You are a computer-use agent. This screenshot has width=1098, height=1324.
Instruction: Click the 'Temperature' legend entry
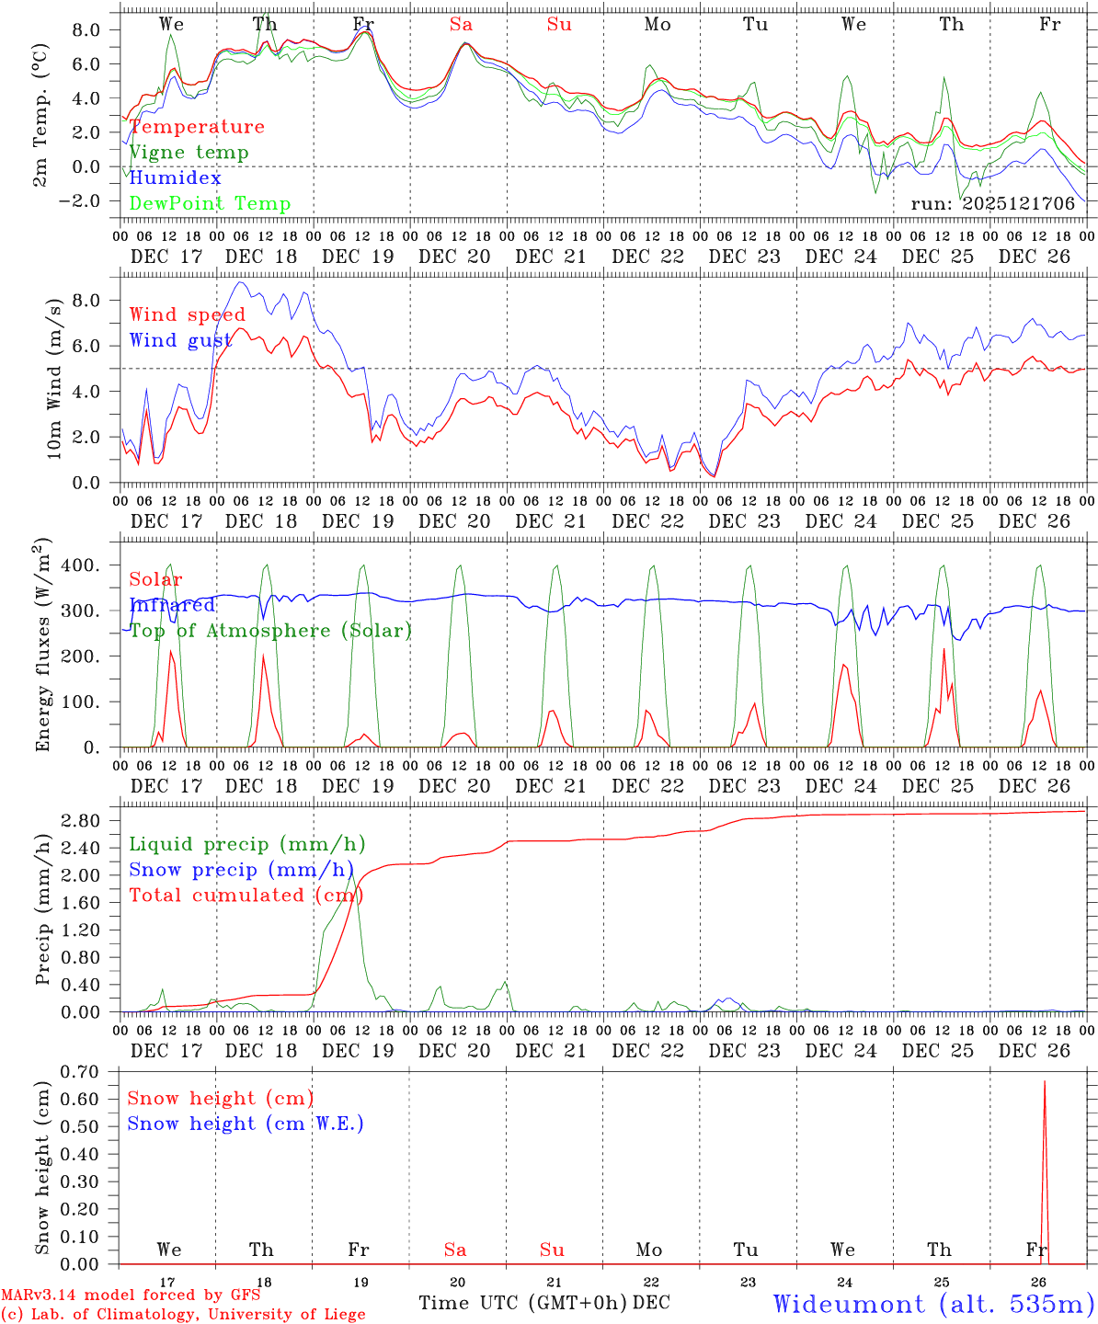tap(197, 127)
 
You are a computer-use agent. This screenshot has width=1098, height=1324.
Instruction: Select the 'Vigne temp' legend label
tap(189, 153)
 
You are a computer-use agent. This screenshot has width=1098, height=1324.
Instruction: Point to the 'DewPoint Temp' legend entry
tap(210, 204)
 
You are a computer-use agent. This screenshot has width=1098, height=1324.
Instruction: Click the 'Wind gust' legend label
tap(180, 340)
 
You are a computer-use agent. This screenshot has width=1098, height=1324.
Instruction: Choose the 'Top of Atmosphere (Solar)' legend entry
tap(270, 631)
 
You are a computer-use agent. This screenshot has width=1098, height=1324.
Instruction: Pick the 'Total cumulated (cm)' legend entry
tap(216, 896)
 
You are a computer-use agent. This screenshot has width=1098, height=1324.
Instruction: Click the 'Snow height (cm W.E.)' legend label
tap(246, 1124)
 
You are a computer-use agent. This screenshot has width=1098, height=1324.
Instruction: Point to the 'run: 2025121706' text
tap(993, 204)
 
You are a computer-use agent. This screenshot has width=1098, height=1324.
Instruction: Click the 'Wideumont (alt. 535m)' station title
tap(933, 1304)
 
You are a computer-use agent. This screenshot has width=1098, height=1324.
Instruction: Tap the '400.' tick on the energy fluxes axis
tap(81, 565)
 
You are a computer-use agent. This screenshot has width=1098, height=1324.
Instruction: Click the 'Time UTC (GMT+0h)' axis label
tap(522, 1303)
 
